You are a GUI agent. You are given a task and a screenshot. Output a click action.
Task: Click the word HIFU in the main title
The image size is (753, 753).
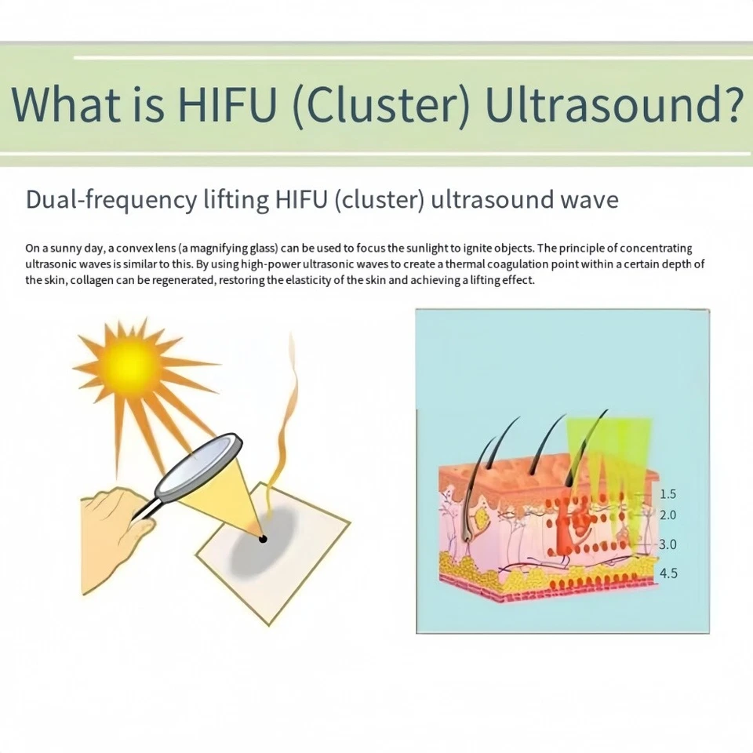point(227,104)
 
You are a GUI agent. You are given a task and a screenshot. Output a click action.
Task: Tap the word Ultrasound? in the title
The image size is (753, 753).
point(614,104)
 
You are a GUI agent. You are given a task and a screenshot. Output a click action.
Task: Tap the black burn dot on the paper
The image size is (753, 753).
point(263,540)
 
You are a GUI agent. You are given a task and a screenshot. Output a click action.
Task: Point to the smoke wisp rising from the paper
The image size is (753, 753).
point(282,423)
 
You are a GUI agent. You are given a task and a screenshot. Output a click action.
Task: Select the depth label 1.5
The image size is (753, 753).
point(668,493)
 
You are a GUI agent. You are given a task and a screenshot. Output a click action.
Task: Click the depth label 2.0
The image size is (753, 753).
point(668,515)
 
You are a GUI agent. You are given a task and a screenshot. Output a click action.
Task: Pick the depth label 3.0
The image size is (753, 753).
point(668,544)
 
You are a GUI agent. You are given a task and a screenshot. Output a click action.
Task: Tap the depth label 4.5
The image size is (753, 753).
point(668,573)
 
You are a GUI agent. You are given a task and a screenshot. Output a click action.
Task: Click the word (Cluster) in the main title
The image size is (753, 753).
point(380,104)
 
